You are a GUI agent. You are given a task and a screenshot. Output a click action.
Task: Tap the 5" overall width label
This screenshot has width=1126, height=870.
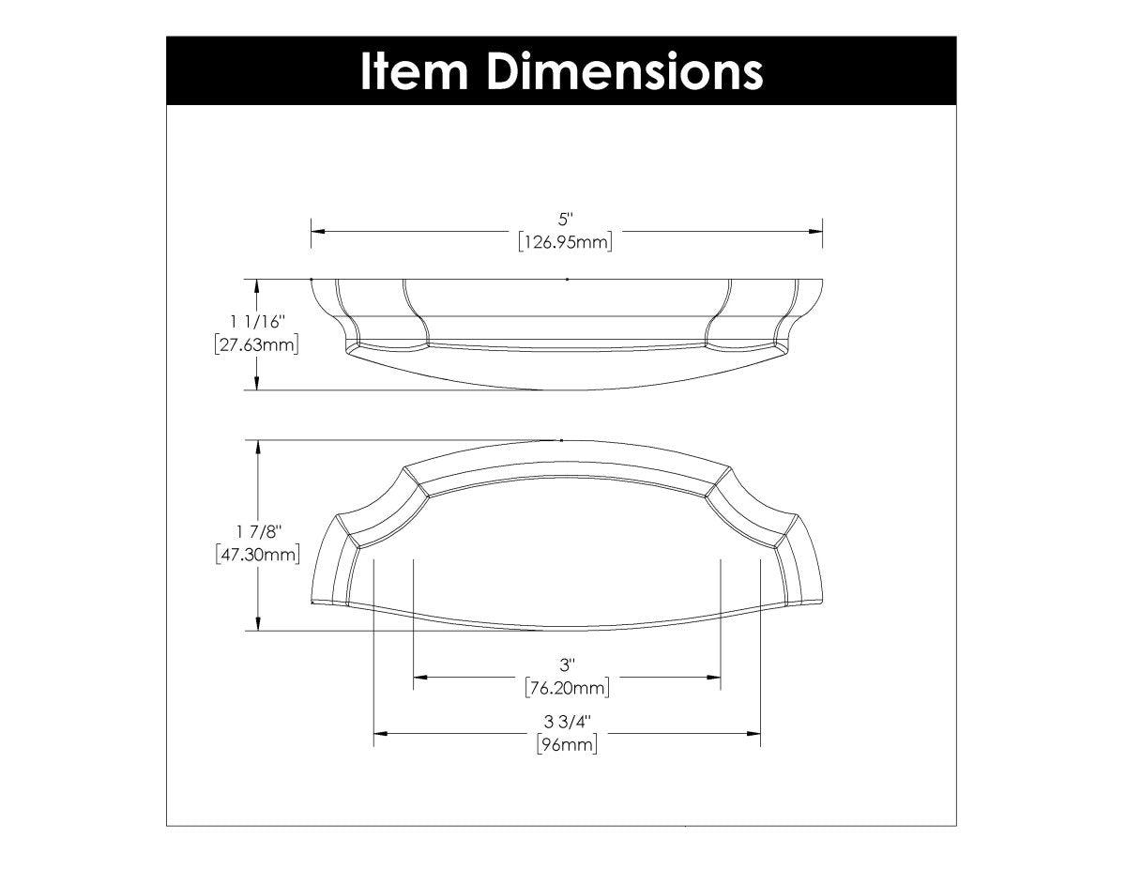pyautogui.click(x=564, y=221)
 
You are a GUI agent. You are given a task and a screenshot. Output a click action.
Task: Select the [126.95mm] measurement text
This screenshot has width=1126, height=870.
pyautogui.click(x=564, y=243)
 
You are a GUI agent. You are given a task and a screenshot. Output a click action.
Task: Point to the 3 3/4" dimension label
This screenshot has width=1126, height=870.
pyautogui.click(x=566, y=723)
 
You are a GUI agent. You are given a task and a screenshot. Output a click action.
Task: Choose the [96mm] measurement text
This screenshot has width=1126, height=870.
pyautogui.click(x=566, y=746)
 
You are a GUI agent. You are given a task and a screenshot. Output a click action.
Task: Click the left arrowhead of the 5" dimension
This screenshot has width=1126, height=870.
pyautogui.click(x=317, y=231)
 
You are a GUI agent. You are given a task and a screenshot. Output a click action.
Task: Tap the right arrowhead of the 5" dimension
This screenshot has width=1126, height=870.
pyautogui.click(x=816, y=231)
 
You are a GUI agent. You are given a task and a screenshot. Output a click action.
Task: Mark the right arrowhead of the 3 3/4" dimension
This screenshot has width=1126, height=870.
pyautogui.click(x=753, y=734)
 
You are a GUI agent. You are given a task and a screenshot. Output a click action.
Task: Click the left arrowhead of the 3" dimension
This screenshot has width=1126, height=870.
pyautogui.click(x=419, y=677)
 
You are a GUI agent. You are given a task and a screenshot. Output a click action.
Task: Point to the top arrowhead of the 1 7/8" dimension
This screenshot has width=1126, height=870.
pyautogui.click(x=257, y=446)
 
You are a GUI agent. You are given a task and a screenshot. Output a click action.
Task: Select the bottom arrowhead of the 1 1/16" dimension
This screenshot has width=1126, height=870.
pyautogui.click(x=257, y=383)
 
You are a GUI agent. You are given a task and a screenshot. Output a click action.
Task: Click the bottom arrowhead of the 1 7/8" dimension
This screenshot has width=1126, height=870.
pyautogui.click(x=257, y=625)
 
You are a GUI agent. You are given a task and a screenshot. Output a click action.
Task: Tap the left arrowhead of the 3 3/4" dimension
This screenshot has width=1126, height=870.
pyautogui.click(x=380, y=734)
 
